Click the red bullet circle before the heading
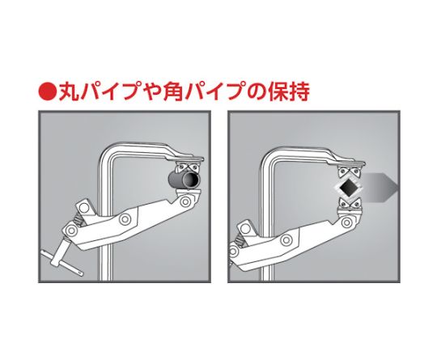48,91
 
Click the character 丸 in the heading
69,91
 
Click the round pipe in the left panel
185,180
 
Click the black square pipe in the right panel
347,187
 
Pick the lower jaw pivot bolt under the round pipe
185,201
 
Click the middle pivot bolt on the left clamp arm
125,219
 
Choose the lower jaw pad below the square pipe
349,205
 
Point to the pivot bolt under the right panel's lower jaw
346,222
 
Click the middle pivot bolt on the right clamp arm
286,240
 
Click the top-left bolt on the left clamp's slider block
83,208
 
